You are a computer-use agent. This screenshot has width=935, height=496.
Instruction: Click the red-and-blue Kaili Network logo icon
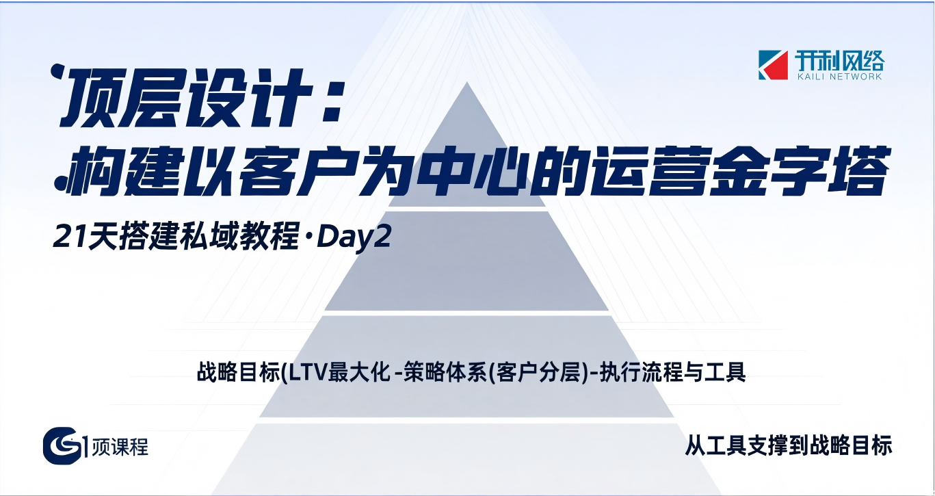click(x=774, y=65)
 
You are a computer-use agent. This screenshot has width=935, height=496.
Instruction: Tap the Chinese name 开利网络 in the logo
click(x=839, y=61)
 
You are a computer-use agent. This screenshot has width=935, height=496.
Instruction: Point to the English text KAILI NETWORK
click(x=839, y=77)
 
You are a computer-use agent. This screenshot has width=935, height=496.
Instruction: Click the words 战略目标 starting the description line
click(x=237, y=374)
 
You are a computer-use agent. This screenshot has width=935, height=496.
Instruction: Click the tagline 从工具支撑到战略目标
click(x=788, y=446)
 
